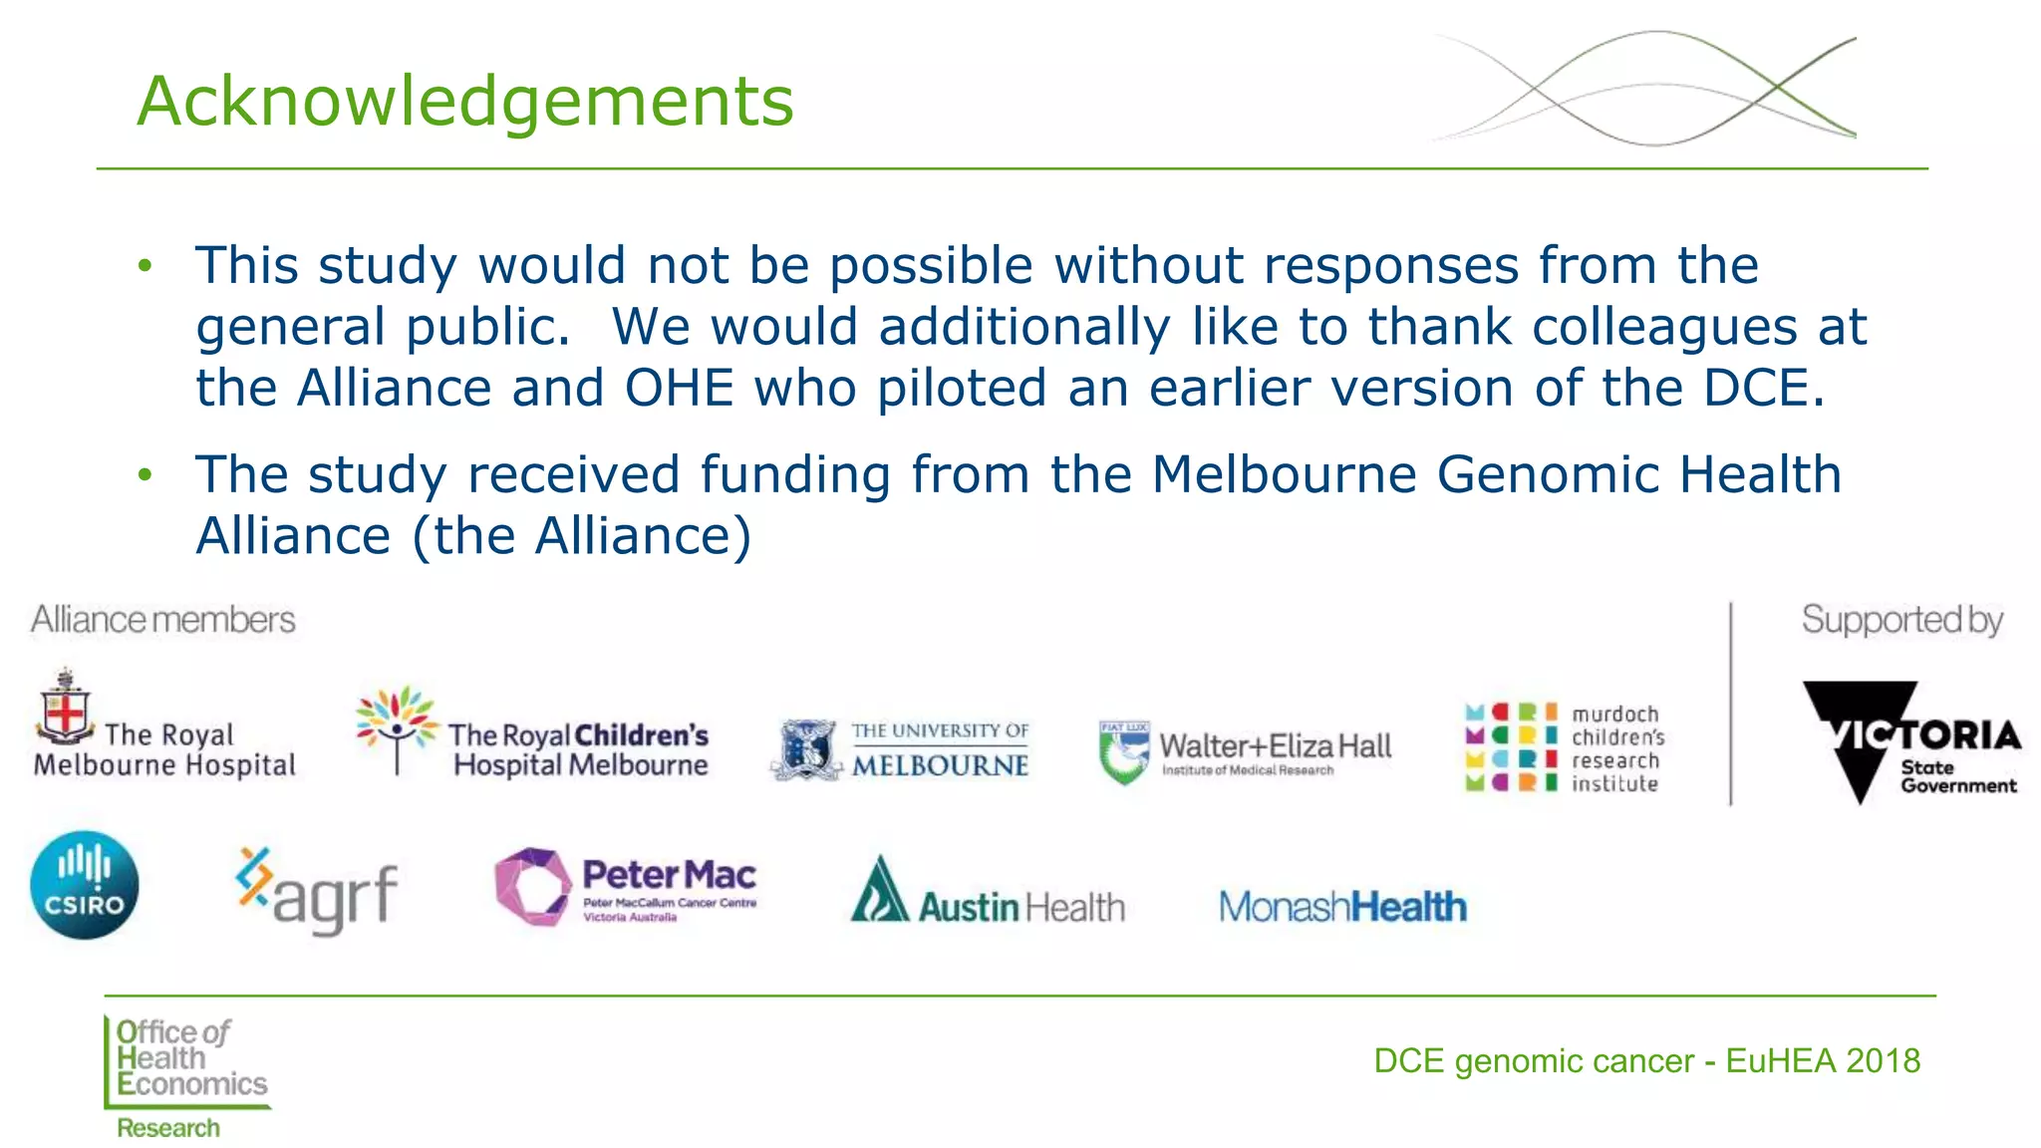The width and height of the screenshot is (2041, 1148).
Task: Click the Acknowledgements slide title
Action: click(x=464, y=102)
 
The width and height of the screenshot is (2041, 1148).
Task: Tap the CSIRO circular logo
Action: click(x=85, y=885)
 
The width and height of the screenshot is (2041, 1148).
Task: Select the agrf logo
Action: click(x=317, y=889)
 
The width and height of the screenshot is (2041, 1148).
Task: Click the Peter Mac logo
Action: click(x=626, y=887)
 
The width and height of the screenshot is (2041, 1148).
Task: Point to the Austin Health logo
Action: click(x=987, y=893)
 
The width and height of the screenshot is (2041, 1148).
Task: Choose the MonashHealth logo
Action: click(x=1342, y=907)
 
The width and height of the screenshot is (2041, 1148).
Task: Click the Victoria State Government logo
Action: click(x=1908, y=741)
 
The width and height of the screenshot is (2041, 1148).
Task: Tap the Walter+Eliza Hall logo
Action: click(x=1245, y=752)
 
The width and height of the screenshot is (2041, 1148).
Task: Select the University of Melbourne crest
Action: click(x=804, y=749)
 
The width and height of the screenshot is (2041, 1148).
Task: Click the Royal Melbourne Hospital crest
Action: click(x=66, y=707)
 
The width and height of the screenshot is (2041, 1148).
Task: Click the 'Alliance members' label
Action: click(x=163, y=620)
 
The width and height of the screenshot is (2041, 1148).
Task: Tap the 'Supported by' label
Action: click(x=1901, y=620)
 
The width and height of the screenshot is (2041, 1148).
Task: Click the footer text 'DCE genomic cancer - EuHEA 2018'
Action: click(x=1646, y=1061)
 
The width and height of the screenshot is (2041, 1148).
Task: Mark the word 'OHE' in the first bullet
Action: click(x=680, y=389)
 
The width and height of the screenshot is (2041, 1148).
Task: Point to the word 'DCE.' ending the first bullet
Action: click(x=1764, y=389)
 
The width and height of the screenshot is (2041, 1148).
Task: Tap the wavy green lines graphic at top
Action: click(x=1644, y=88)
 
